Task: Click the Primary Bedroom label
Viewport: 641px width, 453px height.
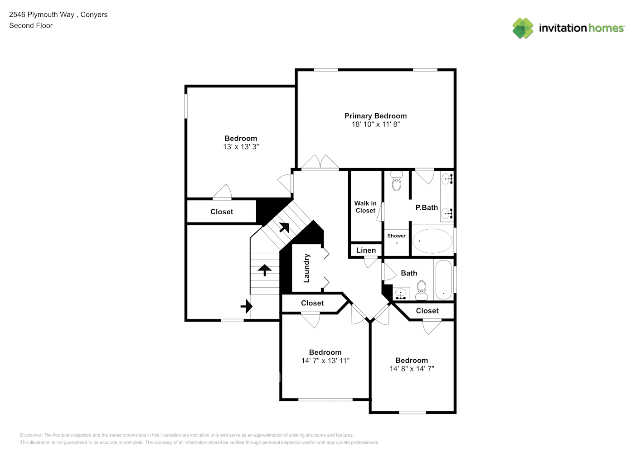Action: [x=375, y=116]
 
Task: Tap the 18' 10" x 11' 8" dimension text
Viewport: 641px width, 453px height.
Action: [x=375, y=125]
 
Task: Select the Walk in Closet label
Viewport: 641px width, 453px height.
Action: [x=365, y=207]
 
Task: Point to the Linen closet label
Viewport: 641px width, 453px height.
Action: [x=366, y=251]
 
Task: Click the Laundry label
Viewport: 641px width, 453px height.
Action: [x=306, y=268]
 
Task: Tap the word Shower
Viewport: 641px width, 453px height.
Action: [x=396, y=236]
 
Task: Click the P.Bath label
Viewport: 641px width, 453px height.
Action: [x=427, y=207]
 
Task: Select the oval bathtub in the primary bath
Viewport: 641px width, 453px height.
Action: [x=432, y=241]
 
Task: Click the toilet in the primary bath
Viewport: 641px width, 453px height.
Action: [x=397, y=181]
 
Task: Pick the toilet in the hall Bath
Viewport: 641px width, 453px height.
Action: [x=421, y=290]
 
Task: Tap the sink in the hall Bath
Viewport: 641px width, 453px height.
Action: [x=401, y=294]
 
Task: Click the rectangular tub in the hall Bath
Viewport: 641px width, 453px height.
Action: [x=443, y=280]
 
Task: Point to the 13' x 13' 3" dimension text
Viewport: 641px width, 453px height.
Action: [x=241, y=147]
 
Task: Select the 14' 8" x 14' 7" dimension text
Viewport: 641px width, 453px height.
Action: [x=412, y=369]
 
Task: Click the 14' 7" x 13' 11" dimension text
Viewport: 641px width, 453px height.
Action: [x=325, y=361]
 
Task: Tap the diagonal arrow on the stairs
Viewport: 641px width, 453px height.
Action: [x=284, y=227]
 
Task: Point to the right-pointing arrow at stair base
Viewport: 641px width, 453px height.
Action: [x=247, y=307]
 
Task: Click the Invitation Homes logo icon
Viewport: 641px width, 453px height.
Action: [x=523, y=28]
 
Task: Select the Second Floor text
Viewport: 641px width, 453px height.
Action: [x=31, y=25]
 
